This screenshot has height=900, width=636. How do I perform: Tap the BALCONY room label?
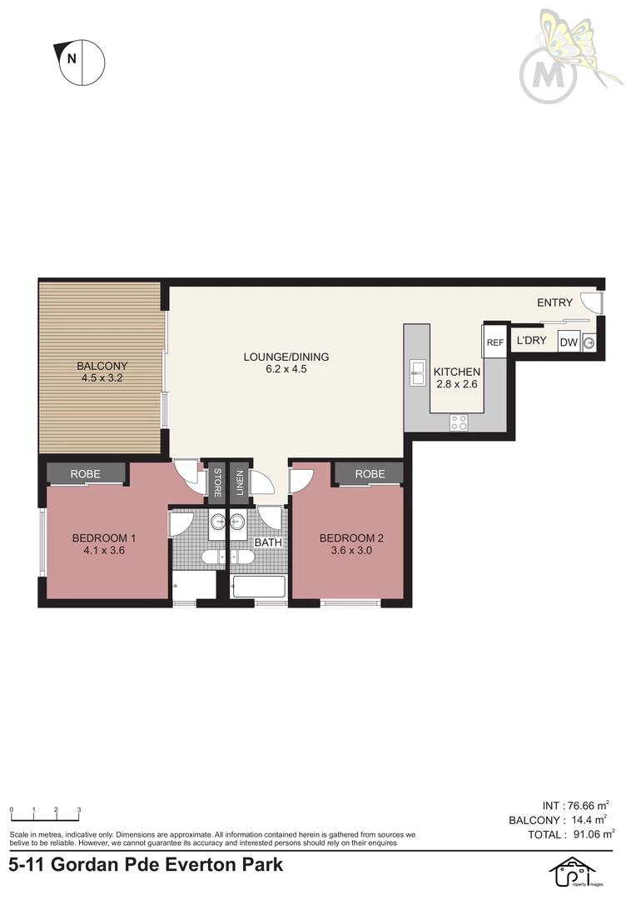point(102,366)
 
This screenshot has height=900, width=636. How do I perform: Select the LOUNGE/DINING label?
point(286,357)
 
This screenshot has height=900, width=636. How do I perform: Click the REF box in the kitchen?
point(494,342)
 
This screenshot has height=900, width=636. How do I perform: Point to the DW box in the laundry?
point(569,342)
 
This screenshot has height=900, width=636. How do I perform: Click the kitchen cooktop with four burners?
point(458,422)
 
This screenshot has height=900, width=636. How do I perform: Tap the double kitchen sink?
point(417,372)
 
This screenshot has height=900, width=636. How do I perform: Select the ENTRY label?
point(554,302)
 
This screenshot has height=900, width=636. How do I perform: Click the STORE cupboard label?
point(217,482)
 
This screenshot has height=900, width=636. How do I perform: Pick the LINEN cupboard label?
point(240,482)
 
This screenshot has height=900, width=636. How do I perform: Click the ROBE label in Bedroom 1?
point(86,473)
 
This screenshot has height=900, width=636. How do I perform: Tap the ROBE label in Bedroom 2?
point(370,473)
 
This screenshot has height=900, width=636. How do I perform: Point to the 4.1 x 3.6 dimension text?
point(104,551)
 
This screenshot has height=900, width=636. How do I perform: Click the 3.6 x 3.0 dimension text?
point(351,551)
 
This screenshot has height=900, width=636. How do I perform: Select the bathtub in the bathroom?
point(257,587)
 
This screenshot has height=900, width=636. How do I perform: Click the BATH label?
point(268,542)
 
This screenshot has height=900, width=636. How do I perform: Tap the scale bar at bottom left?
point(45,814)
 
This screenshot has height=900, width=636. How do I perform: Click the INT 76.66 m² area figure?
point(575,806)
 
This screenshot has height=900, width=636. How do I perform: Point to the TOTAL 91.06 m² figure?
point(571,834)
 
